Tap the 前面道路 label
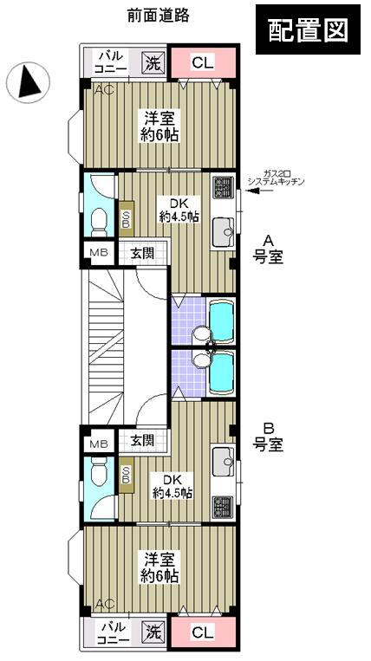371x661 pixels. tap(158, 15)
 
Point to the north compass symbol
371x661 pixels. tap(27, 82)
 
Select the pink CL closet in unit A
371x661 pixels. tap(202, 62)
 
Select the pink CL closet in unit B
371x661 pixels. tap(202, 632)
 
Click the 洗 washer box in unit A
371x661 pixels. tap(153, 62)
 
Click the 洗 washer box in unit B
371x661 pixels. tap(152, 632)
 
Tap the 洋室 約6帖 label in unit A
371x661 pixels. tap(161, 126)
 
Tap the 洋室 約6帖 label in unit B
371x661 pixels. tap(161, 567)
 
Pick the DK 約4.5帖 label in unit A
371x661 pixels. tap(179, 211)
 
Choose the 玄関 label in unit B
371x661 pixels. tap(140, 441)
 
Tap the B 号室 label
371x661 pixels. tap(268, 437)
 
